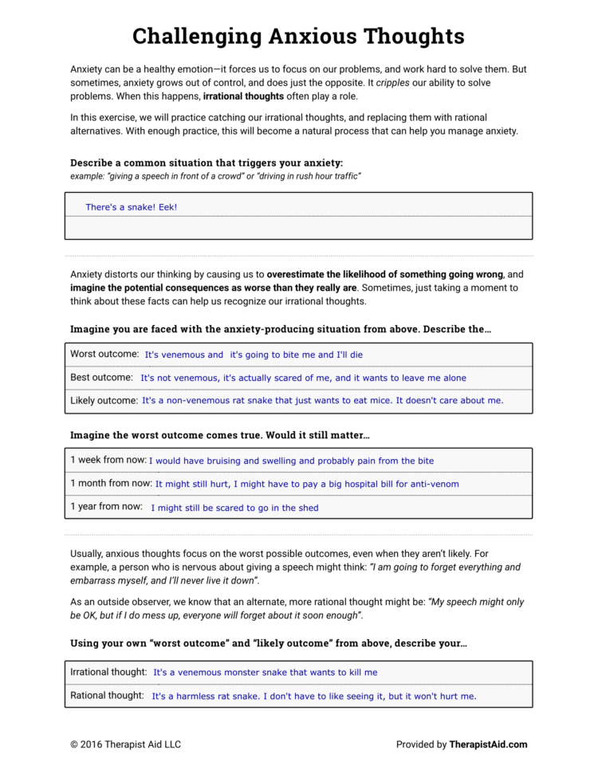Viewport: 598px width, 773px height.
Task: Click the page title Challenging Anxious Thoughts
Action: point(298,36)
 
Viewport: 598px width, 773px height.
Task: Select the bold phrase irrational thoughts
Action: point(243,96)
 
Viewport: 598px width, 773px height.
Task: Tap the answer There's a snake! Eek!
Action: point(131,207)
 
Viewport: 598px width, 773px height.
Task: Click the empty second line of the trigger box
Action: point(298,228)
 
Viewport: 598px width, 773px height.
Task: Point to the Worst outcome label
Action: point(104,354)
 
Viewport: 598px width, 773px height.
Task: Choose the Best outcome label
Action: point(101,377)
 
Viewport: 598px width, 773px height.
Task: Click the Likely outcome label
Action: point(104,400)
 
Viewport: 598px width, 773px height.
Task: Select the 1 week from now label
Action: point(107,460)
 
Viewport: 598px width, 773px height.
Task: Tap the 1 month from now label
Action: point(110,483)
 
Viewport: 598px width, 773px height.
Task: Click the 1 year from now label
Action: point(106,506)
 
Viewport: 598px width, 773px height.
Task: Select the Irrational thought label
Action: point(108,672)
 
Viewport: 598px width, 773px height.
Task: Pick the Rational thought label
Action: point(106,695)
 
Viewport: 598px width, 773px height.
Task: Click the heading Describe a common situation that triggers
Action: point(207,163)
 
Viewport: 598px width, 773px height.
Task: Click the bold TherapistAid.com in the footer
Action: point(488,744)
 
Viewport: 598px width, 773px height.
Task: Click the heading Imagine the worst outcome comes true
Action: point(220,435)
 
